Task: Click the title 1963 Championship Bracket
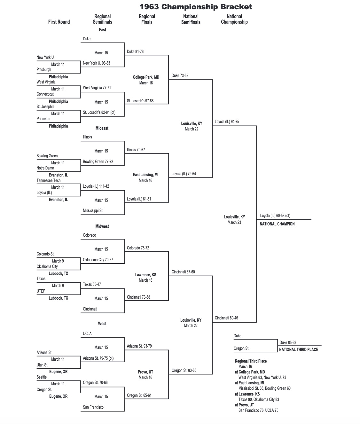(196, 7)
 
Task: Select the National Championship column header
(234, 19)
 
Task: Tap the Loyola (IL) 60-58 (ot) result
(275, 216)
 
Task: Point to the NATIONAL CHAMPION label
(277, 224)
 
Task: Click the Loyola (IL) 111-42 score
(96, 186)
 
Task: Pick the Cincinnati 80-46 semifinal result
(226, 318)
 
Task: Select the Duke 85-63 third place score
(287, 342)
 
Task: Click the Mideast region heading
(102, 128)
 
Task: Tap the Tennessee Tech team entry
(48, 181)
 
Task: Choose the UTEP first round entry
(41, 291)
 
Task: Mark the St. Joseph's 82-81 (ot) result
(99, 113)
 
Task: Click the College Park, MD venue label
(146, 77)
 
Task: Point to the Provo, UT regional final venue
(145, 372)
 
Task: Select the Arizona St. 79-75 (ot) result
(98, 358)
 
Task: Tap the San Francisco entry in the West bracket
(93, 407)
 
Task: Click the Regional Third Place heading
(251, 361)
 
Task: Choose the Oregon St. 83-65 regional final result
(184, 371)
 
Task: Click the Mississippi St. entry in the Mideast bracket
(93, 211)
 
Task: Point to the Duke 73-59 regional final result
(180, 76)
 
